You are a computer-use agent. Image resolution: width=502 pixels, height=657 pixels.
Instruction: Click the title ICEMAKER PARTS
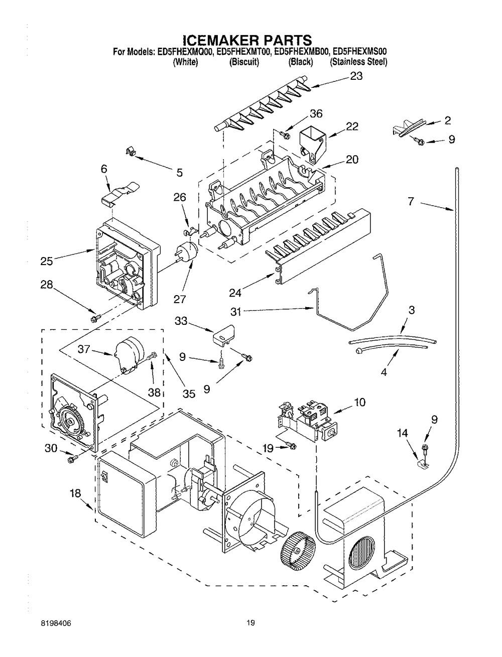(246, 39)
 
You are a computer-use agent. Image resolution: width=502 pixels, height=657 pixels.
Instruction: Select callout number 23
(356, 76)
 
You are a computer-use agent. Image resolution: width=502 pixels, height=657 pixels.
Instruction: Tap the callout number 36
(316, 113)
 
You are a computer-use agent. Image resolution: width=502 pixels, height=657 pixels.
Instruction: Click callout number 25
(46, 260)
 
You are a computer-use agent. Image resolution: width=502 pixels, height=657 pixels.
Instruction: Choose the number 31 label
(236, 312)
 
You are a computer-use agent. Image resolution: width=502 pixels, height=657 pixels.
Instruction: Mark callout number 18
(75, 494)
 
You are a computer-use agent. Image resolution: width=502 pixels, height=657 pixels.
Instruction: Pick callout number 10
(359, 402)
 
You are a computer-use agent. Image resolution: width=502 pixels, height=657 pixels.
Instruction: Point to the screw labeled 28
(95, 318)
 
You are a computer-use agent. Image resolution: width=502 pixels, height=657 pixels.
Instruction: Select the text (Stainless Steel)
(358, 62)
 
